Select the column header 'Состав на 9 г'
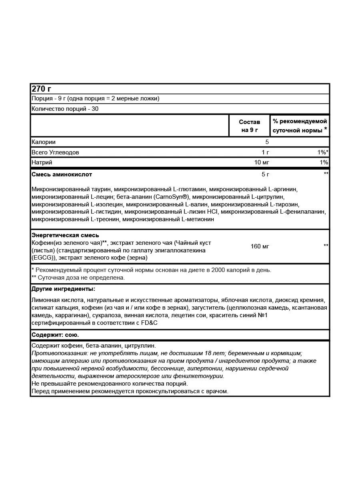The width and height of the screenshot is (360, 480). point(249,126)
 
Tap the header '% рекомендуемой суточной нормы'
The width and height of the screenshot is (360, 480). point(300,126)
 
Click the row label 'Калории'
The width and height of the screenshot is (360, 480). point(43,142)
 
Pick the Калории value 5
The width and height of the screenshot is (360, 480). point(267,142)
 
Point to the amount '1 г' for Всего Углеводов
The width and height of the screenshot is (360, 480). point(265,152)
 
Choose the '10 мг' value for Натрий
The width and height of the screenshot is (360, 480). point(262,162)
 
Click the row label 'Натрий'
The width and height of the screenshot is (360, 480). point(42,162)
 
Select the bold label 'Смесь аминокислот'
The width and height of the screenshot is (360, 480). point(62,174)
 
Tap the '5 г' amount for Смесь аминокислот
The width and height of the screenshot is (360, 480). point(265,174)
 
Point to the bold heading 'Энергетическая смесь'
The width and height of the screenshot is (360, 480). point(65,235)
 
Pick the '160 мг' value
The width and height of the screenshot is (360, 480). point(260,246)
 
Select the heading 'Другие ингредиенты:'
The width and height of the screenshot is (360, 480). point(63,289)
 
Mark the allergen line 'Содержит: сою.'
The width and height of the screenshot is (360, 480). point(55,335)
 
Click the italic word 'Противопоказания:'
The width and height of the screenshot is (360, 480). point(56,353)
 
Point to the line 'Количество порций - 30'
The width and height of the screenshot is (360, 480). point(65,109)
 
